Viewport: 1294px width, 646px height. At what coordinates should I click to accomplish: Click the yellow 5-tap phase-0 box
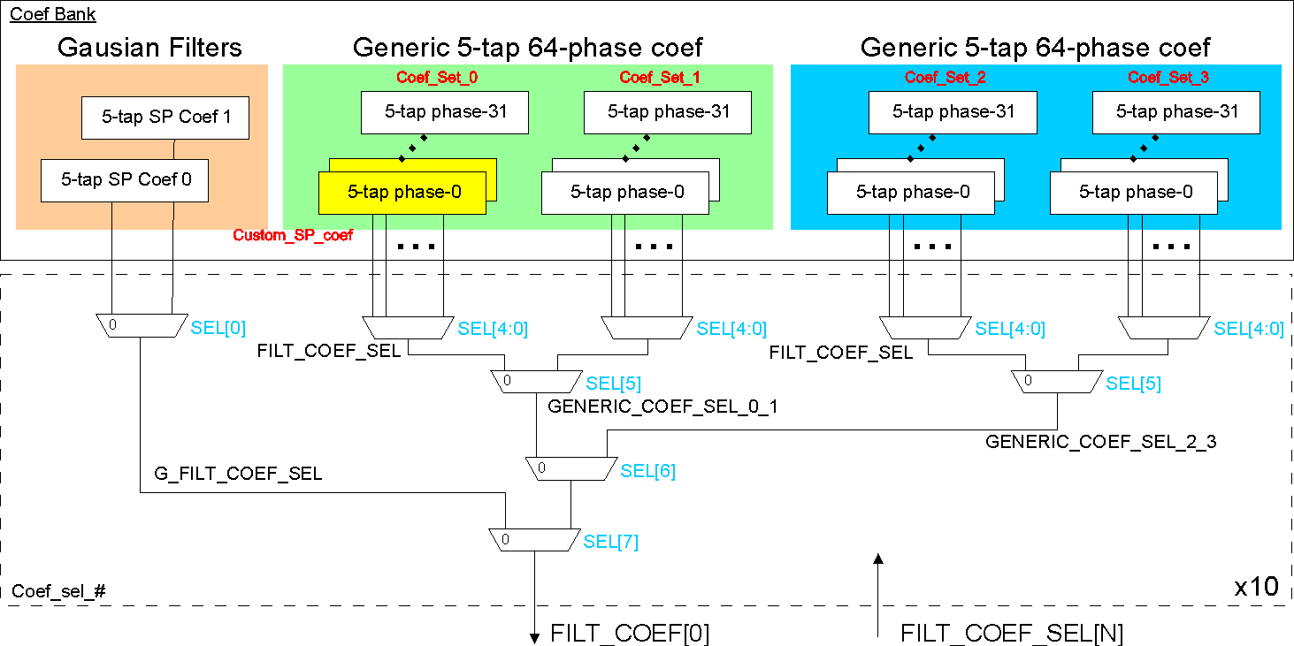[x=402, y=193]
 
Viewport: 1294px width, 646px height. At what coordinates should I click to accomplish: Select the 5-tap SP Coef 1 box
[x=165, y=118]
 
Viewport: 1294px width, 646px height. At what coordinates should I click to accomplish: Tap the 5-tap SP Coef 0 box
[x=126, y=180]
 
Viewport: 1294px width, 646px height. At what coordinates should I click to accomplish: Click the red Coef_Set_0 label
[x=437, y=78]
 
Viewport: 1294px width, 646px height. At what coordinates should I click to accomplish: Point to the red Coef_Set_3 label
[x=1168, y=78]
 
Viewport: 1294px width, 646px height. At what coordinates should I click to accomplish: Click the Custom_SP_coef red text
[x=293, y=236]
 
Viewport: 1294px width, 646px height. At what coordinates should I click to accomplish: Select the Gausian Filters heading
[x=149, y=47]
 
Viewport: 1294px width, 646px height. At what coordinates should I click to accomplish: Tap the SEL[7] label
[x=610, y=542]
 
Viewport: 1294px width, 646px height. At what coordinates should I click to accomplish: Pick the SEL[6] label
[x=647, y=471]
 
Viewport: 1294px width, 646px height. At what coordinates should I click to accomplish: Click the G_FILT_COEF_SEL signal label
[x=239, y=474]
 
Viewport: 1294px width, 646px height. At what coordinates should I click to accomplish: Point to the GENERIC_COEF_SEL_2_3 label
[x=1100, y=442]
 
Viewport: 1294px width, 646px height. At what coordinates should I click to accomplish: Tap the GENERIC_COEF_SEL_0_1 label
[x=662, y=407]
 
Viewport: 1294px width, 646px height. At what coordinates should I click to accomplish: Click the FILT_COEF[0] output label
[x=630, y=633]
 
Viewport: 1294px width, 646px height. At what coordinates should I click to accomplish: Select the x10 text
[x=1256, y=587]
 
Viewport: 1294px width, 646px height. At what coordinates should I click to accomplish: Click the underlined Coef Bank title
[x=52, y=14]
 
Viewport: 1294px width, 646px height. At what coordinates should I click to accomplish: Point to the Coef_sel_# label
[x=58, y=590]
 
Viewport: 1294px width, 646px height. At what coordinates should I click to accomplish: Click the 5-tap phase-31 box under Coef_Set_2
[x=953, y=112]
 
